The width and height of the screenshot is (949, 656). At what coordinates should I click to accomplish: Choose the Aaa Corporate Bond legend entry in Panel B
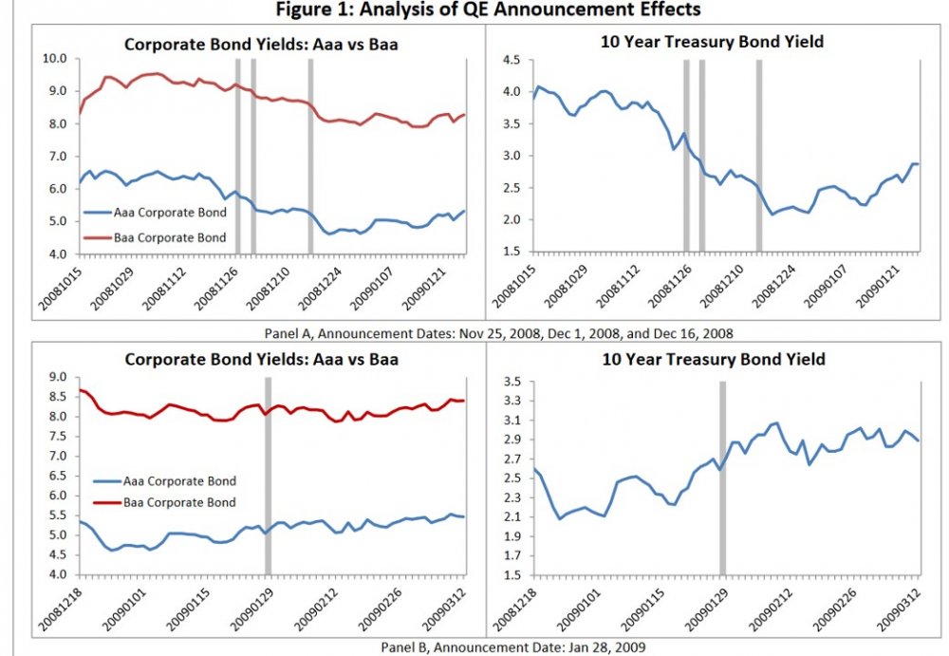click(167, 481)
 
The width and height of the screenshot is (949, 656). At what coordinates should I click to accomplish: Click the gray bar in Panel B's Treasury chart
click(722, 478)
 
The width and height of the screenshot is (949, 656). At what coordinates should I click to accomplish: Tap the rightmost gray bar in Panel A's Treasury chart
click(758, 157)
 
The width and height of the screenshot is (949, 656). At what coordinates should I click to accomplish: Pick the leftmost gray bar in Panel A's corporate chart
click(237, 157)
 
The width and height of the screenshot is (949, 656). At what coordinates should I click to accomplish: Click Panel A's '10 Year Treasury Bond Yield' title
click(712, 42)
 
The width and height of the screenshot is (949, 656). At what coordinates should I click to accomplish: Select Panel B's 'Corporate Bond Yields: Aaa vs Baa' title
click(261, 360)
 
